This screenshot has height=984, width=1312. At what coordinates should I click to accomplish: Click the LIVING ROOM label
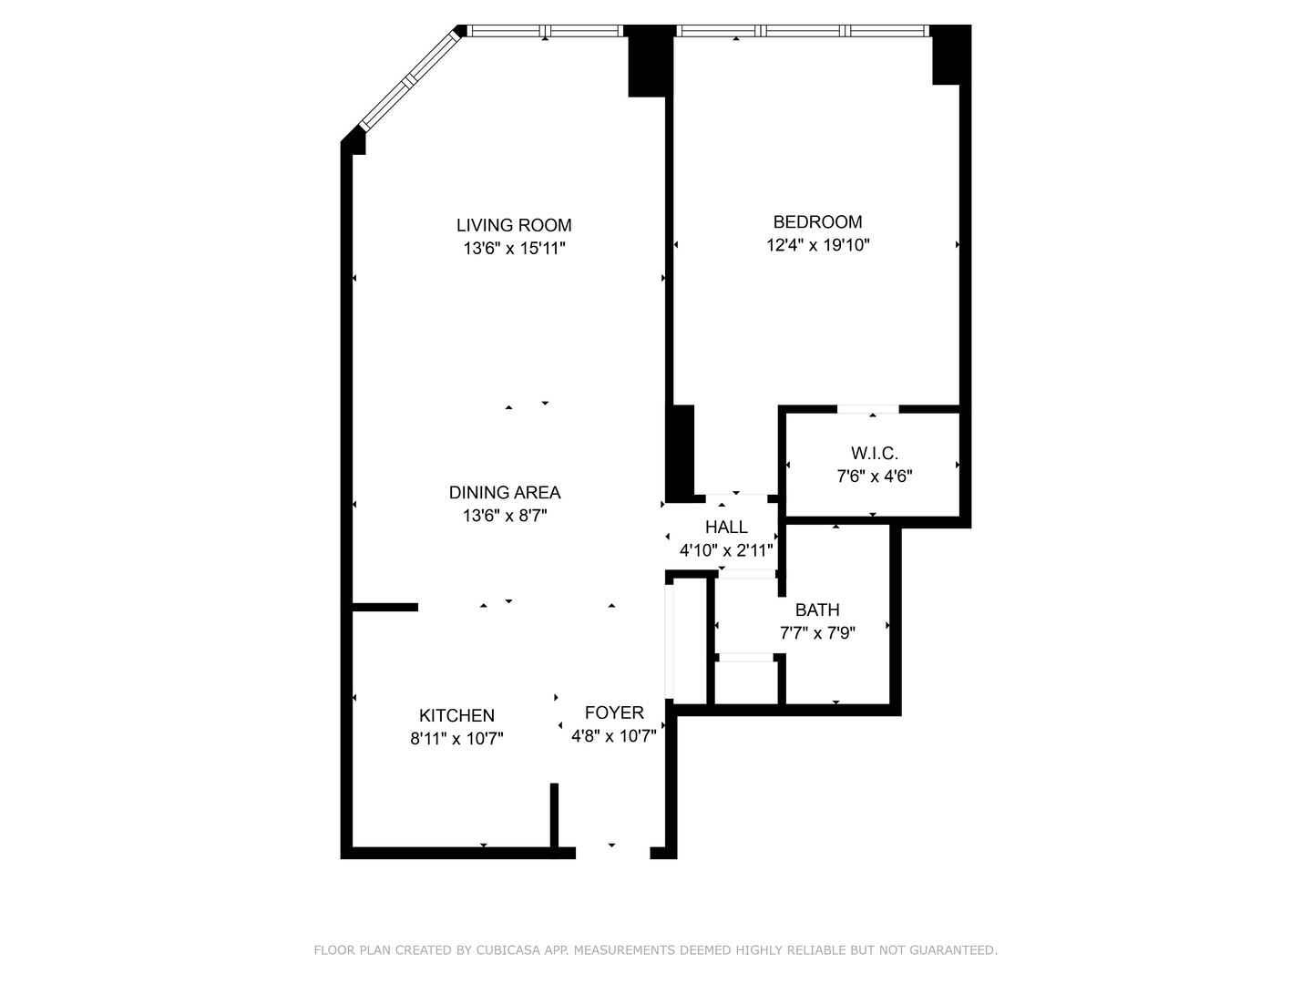click(x=514, y=225)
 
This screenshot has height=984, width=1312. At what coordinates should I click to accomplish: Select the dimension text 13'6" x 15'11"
click(x=514, y=248)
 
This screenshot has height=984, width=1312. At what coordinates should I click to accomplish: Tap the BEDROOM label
click(x=817, y=221)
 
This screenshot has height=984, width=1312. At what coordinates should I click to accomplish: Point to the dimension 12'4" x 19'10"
click(x=817, y=244)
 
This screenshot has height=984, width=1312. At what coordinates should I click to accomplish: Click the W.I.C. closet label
click(x=874, y=453)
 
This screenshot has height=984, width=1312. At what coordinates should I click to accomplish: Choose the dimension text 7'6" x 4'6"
click(x=874, y=476)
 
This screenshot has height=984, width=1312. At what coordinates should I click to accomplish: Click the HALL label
click(x=726, y=527)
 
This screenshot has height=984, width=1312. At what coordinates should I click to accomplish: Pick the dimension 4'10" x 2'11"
click(x=726, y=550)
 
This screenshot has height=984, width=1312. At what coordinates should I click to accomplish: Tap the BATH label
click(x=817, y=610)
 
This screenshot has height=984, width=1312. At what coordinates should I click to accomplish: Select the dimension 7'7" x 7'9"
click(x=817, y=632)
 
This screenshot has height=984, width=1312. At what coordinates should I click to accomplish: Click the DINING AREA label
click(x=505, y=492)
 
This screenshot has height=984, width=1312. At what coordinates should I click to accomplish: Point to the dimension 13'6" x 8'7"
click(x=505, y=516)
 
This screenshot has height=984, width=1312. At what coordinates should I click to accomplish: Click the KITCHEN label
click(x=456, y=715)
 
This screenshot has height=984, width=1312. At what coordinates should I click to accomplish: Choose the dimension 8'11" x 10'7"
click(x=456, y=739)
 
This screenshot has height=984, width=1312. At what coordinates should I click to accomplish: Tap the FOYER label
click(x=614, y=712)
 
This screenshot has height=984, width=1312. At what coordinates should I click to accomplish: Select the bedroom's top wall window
click(x=802, y=31)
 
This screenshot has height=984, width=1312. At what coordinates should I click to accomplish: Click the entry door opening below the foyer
click(x=612, y=852)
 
